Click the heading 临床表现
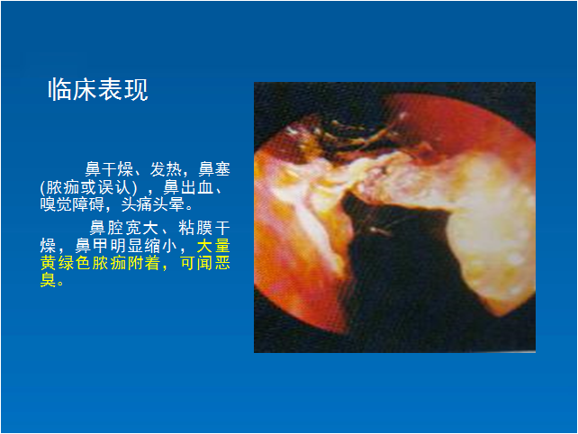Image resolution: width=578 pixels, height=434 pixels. point(98,90)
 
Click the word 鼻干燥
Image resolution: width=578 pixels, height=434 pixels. point(109,169)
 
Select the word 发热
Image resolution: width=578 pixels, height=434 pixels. point(166,169)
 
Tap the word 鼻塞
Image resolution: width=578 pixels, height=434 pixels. point(214,169)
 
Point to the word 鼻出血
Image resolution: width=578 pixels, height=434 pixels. point(188,187)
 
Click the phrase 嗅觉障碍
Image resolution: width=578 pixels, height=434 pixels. point(72,204)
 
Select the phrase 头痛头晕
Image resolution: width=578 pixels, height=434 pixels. point(153,204)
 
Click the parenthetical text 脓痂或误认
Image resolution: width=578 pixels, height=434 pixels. point(88,187)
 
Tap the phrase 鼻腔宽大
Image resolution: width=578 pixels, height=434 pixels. point(124,228)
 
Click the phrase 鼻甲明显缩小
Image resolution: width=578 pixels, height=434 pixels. point(126,246)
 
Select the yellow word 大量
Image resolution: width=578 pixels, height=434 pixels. point(213,246)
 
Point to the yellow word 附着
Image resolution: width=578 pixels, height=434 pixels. point(144,263)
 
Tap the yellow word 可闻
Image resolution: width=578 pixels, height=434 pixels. point(195,263)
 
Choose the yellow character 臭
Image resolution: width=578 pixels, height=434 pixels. point(48,280)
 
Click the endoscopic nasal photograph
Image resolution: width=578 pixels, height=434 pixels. point(395,217)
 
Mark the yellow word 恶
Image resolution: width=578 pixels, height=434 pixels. point(222,263)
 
